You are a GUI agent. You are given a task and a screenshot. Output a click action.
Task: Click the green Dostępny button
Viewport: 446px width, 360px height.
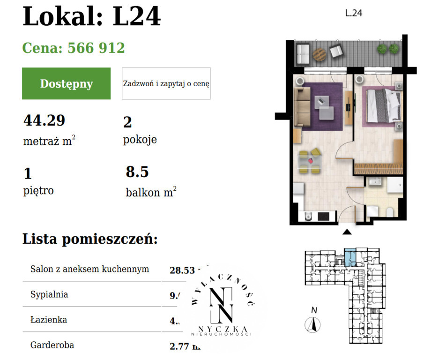point(66,83)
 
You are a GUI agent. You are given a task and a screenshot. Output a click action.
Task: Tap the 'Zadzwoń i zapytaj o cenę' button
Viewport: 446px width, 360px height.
point(166,83)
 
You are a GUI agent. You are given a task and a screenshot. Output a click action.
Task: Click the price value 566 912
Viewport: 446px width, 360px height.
point(96,48)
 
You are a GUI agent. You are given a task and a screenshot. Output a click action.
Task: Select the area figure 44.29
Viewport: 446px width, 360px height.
point(44,120)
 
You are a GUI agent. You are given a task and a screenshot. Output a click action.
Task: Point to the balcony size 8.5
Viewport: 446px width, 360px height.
point(137,172)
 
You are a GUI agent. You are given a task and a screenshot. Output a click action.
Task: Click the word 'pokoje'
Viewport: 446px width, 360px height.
point(140,140)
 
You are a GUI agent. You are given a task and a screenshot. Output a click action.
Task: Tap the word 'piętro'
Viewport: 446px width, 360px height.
point(38,191)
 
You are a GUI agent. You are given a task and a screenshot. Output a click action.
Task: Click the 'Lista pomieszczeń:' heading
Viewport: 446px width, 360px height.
point(90,239)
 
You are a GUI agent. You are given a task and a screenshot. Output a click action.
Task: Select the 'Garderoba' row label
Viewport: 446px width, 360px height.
point(52,345)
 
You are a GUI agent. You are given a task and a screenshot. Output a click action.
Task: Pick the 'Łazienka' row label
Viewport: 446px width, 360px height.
point(48,320)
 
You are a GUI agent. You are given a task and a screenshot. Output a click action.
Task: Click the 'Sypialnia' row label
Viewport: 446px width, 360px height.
point(49,295)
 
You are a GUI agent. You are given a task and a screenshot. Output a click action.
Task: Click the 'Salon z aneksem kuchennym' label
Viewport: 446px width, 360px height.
point(89,269)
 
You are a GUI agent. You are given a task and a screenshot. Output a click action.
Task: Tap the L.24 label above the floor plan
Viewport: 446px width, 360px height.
point(353,13)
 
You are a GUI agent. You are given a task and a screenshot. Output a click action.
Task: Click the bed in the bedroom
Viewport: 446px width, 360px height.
point(383,105)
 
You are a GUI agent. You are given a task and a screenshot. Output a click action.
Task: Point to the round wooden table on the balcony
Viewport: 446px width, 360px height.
point(319,54)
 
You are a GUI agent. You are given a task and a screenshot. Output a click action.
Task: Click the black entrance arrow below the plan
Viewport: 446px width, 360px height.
point(347,232)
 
